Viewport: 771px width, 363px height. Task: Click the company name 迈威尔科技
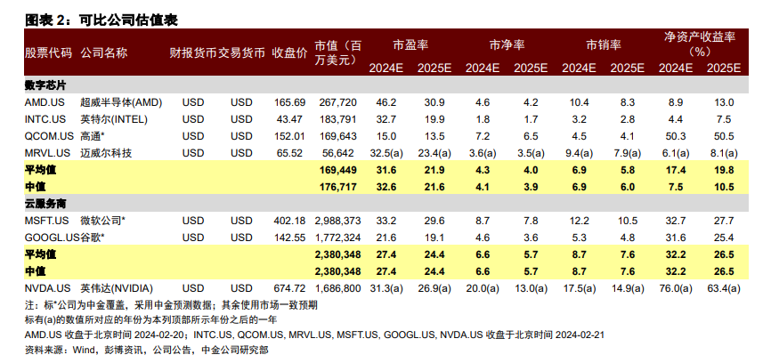(106, 153)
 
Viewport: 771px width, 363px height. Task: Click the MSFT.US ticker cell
(46, 220)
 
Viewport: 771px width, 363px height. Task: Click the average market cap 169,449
(337, 170)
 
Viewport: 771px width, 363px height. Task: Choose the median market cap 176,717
(337, 187)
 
